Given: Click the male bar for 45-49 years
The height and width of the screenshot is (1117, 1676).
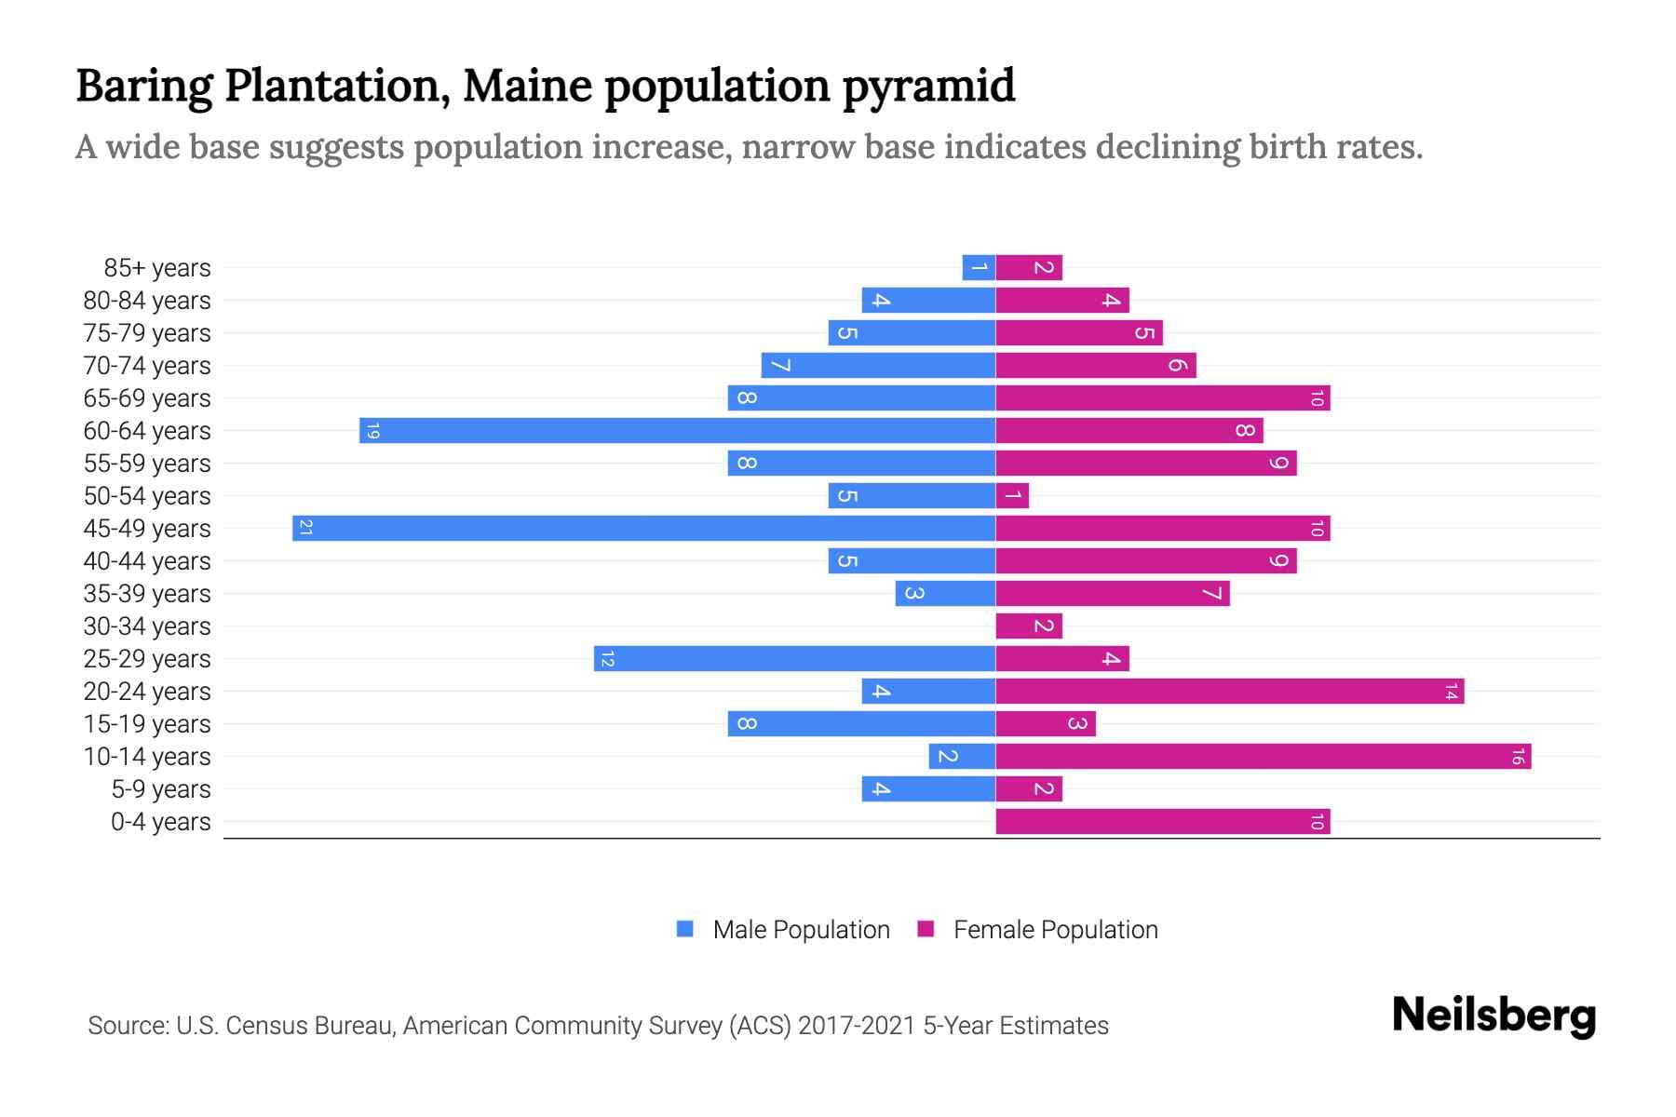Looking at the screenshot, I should pyautogui.click(x=643, y=529).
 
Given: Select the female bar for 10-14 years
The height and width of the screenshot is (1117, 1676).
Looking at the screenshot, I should pyautogui.click(x=1263, y=757).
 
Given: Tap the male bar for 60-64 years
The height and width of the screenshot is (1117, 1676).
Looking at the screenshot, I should pyautogui.click(x=677, y=431).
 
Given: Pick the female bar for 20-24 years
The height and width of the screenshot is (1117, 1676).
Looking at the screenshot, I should pyautogui.click(x=1229, y=692).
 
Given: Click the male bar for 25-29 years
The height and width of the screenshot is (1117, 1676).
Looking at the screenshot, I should pyautogui.click(x=794, y=659).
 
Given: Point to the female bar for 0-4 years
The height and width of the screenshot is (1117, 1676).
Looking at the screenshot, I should pyautogui.click(x=1162, y=822).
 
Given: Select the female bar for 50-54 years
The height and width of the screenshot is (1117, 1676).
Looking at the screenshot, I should pyautogui.click(x=1012, y=496).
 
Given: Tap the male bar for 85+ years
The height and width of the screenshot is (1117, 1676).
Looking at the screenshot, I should pyautogui.click(x=979, y=268).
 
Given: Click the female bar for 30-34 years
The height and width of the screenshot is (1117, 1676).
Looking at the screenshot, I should pyautogui.click(x=1029, y=626).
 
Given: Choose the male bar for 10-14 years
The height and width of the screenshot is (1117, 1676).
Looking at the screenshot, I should pyautogui.click(x=962, y=757).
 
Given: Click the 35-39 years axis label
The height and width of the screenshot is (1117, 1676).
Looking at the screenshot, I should pyautogui.click(x=147, y=594).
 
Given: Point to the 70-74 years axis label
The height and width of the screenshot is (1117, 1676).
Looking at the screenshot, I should pyautogui.click(x=147, y=366).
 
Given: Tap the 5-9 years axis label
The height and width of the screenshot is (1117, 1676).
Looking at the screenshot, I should pyautogui.click(x=161, y=789).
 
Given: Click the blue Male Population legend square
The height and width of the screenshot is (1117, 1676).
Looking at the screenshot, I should pyautogui.click(x=685, y=929).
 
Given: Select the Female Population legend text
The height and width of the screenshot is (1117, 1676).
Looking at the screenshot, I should pyautogui.click(x=1055, y=930).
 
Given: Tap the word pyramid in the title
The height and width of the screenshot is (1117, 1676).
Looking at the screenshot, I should pyautogui.click(x=928, y=87).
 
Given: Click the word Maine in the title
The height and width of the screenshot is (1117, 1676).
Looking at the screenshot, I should pyautogui.click(x=528, y=86).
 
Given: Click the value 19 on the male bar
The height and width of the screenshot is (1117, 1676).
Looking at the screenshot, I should pyautogui.click(x=372, y=431).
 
